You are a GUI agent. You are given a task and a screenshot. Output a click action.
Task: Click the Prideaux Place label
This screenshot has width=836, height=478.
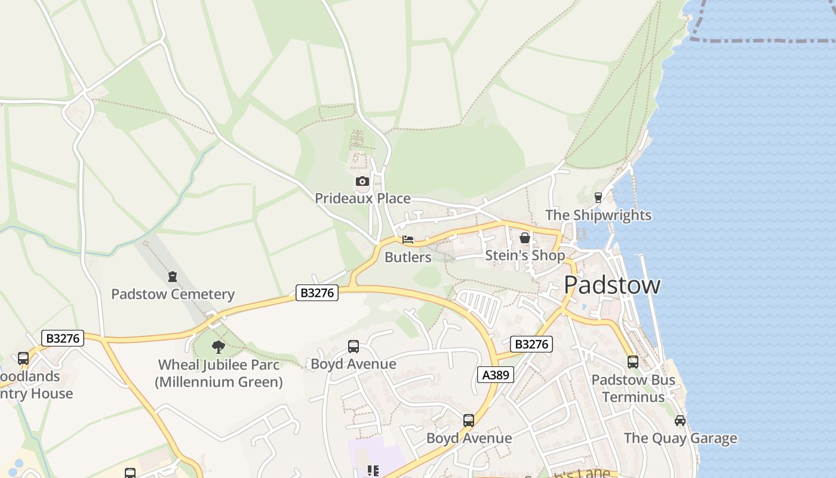point(362,198)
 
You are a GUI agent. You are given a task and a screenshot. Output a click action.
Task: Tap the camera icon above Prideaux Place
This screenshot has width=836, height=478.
point(362,181)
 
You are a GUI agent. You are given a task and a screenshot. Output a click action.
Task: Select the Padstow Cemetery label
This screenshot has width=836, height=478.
point(173,295)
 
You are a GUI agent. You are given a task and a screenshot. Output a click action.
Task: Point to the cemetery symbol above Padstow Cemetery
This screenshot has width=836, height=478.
point(173,277)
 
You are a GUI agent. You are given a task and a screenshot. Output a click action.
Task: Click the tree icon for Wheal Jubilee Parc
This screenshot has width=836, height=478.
point(219,347)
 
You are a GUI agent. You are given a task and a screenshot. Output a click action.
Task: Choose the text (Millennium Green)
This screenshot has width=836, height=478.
point(219,382)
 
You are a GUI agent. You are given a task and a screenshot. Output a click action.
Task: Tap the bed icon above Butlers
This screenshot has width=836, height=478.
point(408,240)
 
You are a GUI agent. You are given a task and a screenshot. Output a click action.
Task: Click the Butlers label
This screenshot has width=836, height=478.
point(408,258)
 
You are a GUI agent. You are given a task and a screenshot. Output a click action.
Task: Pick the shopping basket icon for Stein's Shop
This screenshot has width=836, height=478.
point(525,238)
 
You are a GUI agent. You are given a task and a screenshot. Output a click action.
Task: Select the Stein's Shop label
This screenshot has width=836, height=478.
point(525,256)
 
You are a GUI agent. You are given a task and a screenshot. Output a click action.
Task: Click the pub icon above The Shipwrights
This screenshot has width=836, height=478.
point(598,198)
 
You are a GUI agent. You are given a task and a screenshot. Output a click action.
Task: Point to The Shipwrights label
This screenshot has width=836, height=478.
point(598,215)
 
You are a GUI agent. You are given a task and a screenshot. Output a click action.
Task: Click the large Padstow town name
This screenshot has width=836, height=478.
point(612,285)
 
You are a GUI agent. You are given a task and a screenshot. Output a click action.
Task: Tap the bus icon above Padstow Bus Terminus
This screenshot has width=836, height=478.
point(633,361)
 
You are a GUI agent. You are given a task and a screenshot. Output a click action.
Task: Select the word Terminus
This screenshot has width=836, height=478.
point(633,397)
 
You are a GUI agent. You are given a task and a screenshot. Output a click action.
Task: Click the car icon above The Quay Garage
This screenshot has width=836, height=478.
point(680,421)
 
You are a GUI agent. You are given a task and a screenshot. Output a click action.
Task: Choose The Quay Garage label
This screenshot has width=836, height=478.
point(680,439)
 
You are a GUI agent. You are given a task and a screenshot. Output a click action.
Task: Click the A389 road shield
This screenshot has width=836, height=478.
point(496,375)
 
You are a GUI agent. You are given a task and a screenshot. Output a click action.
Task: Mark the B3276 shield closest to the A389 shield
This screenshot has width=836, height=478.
point(531,344)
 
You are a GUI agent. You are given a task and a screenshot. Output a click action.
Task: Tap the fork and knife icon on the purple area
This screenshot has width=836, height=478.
point(373,471)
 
